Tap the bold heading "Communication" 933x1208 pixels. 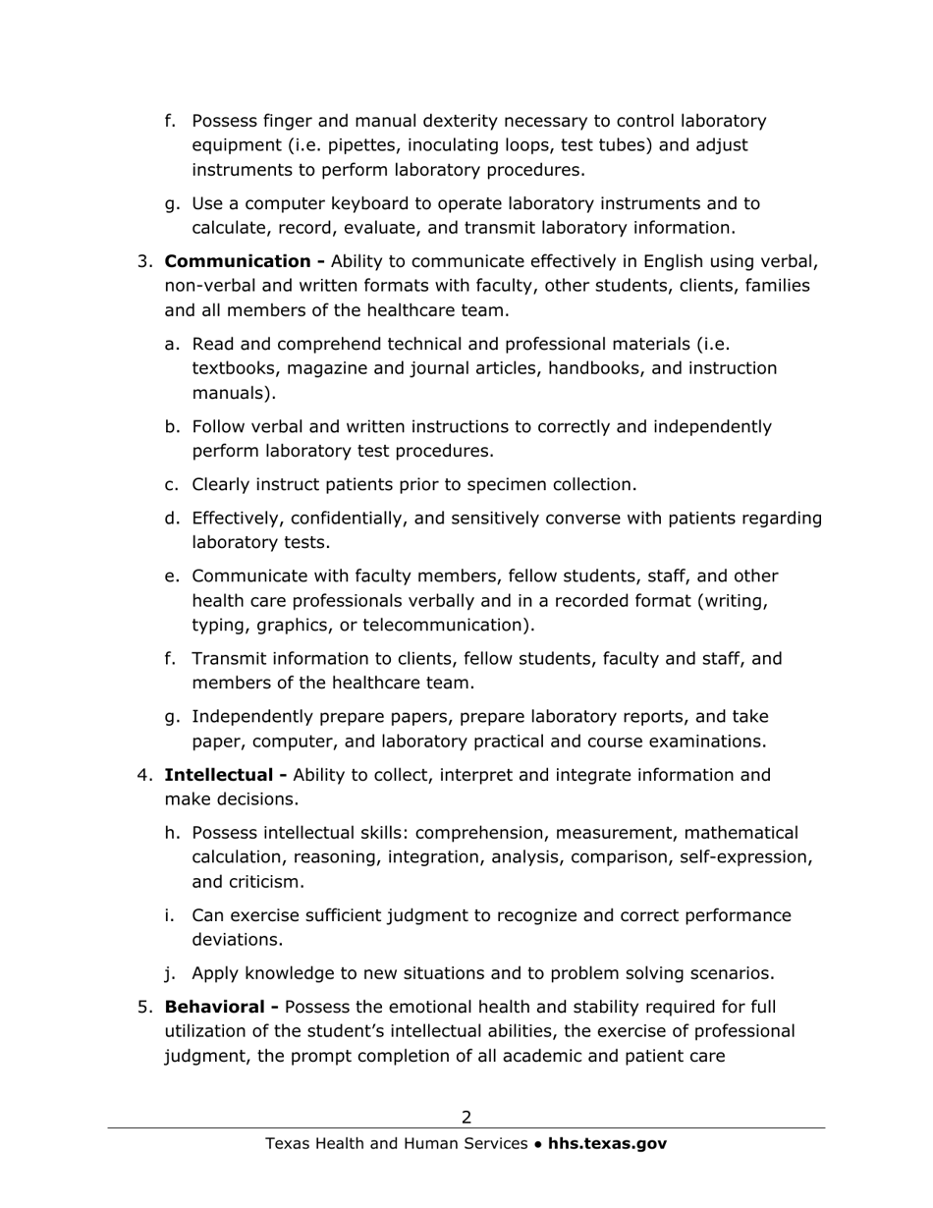point(237,261)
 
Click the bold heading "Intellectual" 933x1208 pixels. point(220,775)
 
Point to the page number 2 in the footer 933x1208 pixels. point(466,1117)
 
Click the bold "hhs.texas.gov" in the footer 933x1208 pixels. point(607,1143)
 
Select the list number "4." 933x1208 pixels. point(145,775)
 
